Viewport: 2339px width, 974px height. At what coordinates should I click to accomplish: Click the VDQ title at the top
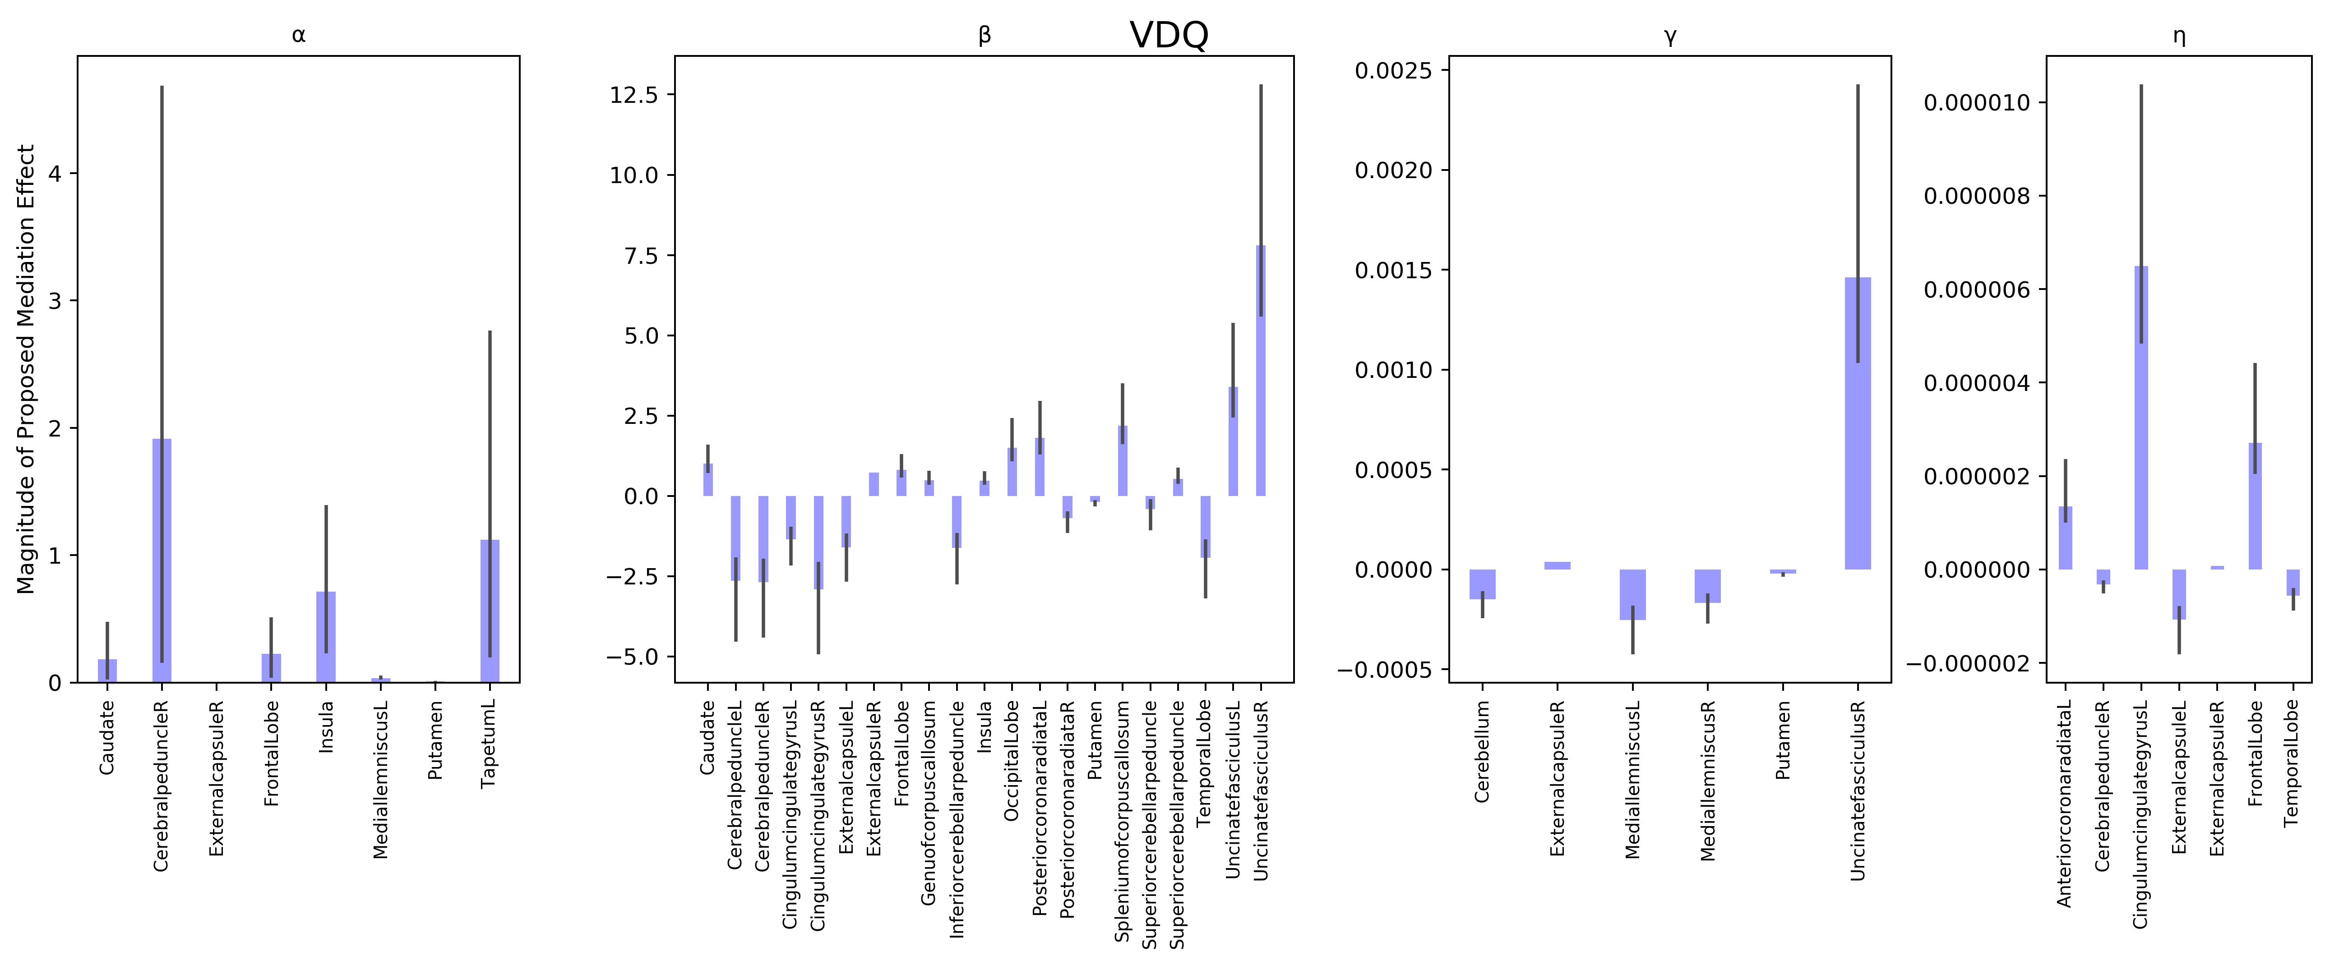(x=1169, y=36)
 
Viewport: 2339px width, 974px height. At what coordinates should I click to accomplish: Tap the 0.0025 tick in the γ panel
(x=1392, y=71)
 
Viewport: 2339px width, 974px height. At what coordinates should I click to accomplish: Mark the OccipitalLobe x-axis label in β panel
(x=1012, y=761)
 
